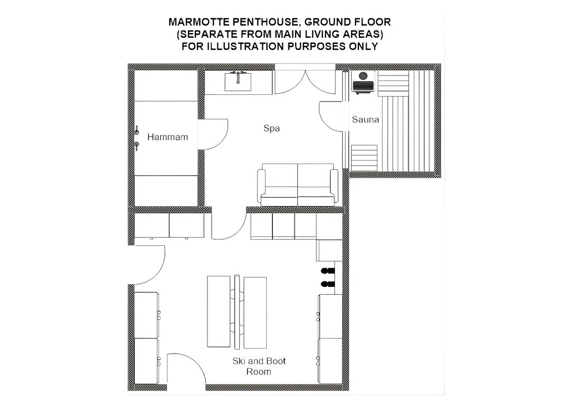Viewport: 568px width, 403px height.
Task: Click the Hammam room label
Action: pyautogui.click(x=168, y=137)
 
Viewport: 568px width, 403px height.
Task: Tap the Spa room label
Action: pyautogui.click(x=271, y=128)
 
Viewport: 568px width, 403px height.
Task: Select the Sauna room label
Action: pyautogui.click(x=365, y=119)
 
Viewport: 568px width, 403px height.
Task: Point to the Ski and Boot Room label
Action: pyautogui.click(x=259, y=366)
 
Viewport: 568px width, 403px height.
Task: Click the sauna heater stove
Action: pyautogui.click(x=363, y=83)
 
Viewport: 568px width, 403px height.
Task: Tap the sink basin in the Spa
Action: pyautogui.click(x=237, y=82)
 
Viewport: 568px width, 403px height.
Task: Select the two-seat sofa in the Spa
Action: pyautogui.click(x=298, y=185)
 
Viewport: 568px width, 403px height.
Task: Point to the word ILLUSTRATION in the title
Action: pyautogui.click(x=249, y=47)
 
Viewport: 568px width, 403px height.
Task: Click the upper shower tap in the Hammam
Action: pyautogui.click(x=137, y=130)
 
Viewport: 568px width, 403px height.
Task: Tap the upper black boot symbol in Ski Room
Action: pyautogui.click(x=327, y=271)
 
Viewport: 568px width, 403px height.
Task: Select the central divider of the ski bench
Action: pyautogui.click(x=237, y=312)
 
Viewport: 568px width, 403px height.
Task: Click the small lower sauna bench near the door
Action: pyautogui.click(x=364, y=158)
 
